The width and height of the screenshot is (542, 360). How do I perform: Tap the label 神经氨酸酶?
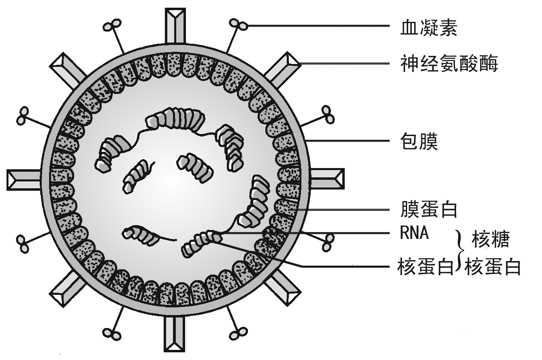[x=449, y=64]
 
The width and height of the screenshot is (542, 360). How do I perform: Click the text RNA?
[x=414, y=234]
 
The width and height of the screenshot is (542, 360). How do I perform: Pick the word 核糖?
[x=491, y=241]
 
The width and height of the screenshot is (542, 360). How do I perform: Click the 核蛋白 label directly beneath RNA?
[x=425, y=268]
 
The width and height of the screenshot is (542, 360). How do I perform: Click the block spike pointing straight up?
[x=175, y=25]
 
